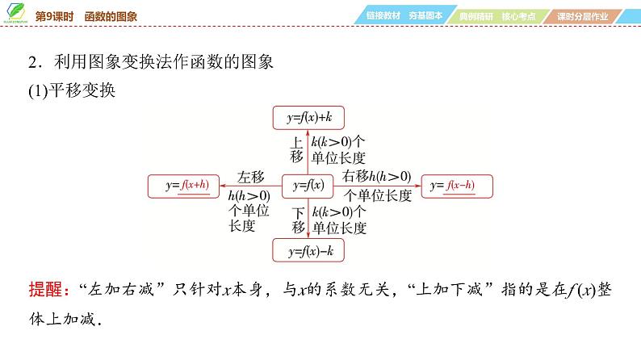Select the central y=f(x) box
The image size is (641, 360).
coord(308,186)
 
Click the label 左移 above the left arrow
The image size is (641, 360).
coord(251,177)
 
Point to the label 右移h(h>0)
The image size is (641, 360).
coord(376,177)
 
